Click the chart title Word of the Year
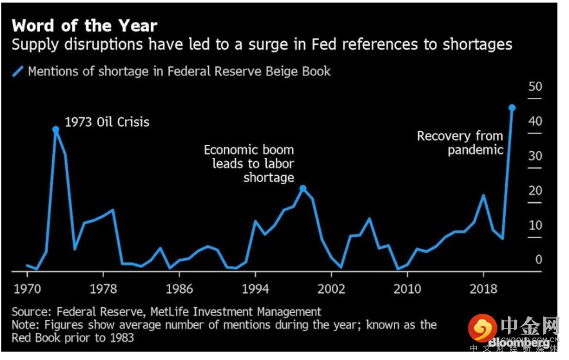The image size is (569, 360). pyautogui.click(x=84, y=26)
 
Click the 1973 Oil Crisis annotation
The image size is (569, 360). pyautogui.click(x=107, y=122)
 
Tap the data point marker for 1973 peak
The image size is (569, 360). pyautogui.click(x=55, y=129)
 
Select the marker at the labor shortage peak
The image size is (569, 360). pyautogui.click(x=303, y=189)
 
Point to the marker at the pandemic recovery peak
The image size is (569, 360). pyautogui.click(x=512, y=108)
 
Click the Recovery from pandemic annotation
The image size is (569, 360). pyautogui.click(x=459, y=143)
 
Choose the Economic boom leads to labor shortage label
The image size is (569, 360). pyautogui.click(x=249, y=164)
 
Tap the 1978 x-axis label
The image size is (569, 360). pyautogui.click(x=102, y=287)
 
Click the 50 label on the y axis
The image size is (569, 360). pyautogui.click(x=535, y=87)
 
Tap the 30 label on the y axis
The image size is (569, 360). pyautogui.click(x=535, y=156)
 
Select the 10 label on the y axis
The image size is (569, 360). pyautogui.click(x=535, y=226)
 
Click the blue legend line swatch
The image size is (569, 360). pyautogui.click(x=17, y=71)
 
